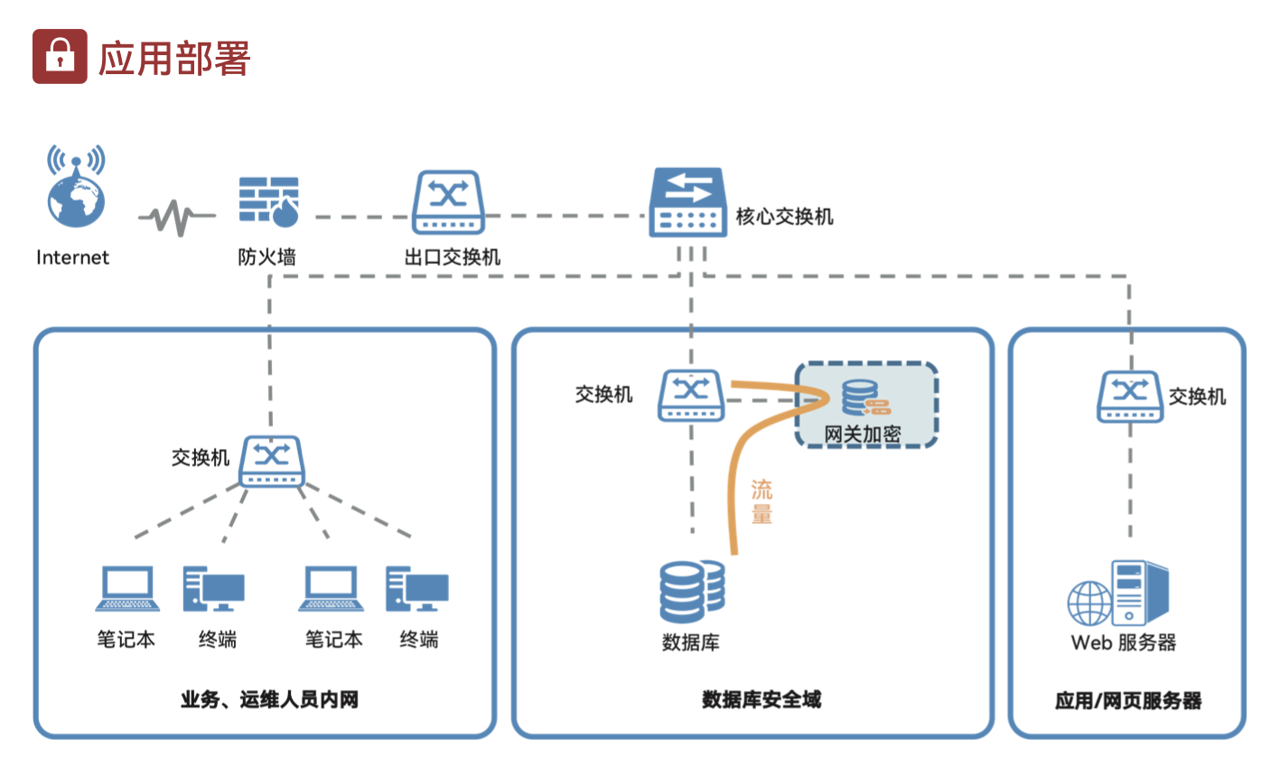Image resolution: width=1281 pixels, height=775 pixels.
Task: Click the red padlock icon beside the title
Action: [x=60, y=56]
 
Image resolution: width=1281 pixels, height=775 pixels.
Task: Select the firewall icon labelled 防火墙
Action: [x=268, y=201]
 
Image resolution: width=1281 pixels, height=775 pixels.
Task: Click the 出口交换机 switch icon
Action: [x=448, y=202]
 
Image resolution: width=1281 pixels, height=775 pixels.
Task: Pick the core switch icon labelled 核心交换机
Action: [x=687, y=202]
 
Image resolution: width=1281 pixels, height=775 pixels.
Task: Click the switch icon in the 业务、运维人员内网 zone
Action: [x=271, y=462]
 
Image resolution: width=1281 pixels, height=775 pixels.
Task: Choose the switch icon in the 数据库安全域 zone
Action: [x=691, y=395]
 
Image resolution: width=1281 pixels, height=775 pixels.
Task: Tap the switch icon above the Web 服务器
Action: [x=1129, y=397]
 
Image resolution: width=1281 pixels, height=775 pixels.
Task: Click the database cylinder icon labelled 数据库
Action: [x=691, y=592]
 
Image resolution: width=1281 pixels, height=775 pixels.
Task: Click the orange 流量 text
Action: [x=762, y=502]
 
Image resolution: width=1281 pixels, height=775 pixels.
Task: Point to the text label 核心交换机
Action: [x=784, y=217]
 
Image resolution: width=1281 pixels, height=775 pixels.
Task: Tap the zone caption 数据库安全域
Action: [x=761, y=699]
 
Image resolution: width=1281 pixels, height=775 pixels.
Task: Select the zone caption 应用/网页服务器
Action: [x=1127, y=700]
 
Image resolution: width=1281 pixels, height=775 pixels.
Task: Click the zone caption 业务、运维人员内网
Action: [x=269, y=699]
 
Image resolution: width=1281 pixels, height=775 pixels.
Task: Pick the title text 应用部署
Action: [x=173, y=59]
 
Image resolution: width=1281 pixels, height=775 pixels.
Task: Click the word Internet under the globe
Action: [x=72, y=257]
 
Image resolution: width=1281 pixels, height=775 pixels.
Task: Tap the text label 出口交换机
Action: [x=452, y=257]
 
